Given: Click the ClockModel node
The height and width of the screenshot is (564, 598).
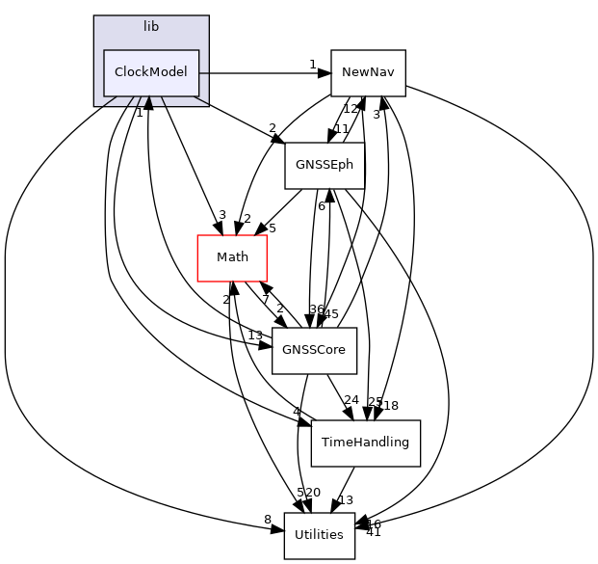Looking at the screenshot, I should (x=151, y=72).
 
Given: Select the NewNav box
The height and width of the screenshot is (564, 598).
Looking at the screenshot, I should (x=368, y=72).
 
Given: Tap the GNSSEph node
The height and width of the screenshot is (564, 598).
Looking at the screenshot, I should (x=324, y=165).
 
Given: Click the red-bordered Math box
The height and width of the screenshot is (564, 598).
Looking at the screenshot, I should (x=232, y=257).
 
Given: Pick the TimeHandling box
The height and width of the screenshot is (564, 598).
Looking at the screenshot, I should (x=365, y=443).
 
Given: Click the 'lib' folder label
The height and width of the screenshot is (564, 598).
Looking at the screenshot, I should (x=151, y=26).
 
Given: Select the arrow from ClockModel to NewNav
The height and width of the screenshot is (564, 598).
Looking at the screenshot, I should (x=265, y=72).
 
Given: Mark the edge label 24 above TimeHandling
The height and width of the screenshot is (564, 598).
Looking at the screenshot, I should (x=351, y=400).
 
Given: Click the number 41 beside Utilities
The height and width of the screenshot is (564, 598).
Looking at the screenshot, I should (x=374, y=532).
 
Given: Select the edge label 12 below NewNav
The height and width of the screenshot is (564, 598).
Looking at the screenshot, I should (x=351, y=109).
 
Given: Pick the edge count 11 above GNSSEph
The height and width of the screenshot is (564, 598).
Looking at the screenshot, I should (x=341, y=129).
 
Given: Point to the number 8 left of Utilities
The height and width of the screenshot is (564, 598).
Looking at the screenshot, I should (x=268, y=521).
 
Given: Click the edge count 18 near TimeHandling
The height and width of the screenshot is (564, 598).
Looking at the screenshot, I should (x=391, y=406).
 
